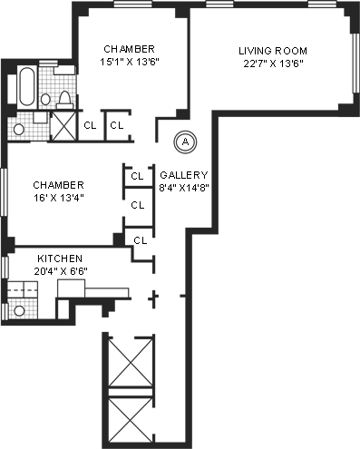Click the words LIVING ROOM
[273, 51]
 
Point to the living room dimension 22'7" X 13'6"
[273, 63]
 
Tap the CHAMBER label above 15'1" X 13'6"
[129, 49]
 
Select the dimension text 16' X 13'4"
[58, 198]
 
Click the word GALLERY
[184, 175]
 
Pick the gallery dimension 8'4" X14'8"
[184, 188]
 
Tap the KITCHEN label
[60, 259]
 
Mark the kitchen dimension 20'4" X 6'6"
[61, 271]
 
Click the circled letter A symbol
[185, 142]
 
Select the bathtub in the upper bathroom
[26, 86]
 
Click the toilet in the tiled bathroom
[65, 100]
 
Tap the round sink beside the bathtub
[45, 99]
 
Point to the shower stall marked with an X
[63, 126]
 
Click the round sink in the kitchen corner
[19, 310]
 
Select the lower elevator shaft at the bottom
[131, 420]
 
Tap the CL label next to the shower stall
[90, 125]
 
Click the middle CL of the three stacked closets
[138, 205]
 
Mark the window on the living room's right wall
[356, 63]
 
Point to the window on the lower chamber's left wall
[4, 191]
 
